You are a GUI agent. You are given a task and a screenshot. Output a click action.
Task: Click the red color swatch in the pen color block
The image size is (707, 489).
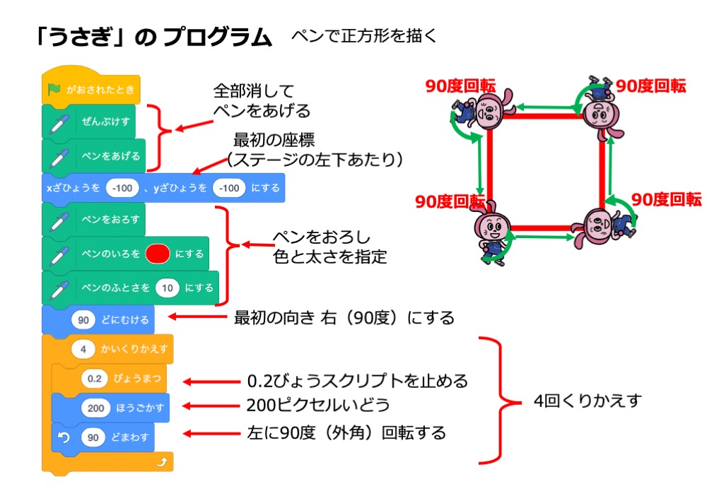coord(157,254)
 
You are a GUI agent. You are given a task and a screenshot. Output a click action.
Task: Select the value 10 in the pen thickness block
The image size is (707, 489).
coord(167,288)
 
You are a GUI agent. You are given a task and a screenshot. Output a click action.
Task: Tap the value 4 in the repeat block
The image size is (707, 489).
coord(83,349)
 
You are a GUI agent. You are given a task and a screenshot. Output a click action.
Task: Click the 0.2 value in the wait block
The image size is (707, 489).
coord(94,379)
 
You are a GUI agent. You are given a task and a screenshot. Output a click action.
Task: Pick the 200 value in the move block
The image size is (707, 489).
coord(95,408)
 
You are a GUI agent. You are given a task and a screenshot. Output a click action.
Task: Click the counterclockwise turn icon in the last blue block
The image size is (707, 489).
coord(63,437)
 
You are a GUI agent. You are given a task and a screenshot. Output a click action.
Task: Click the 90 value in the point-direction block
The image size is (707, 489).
coord(83,319)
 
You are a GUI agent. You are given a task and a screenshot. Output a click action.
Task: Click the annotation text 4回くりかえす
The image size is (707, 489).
coord(587,401)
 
